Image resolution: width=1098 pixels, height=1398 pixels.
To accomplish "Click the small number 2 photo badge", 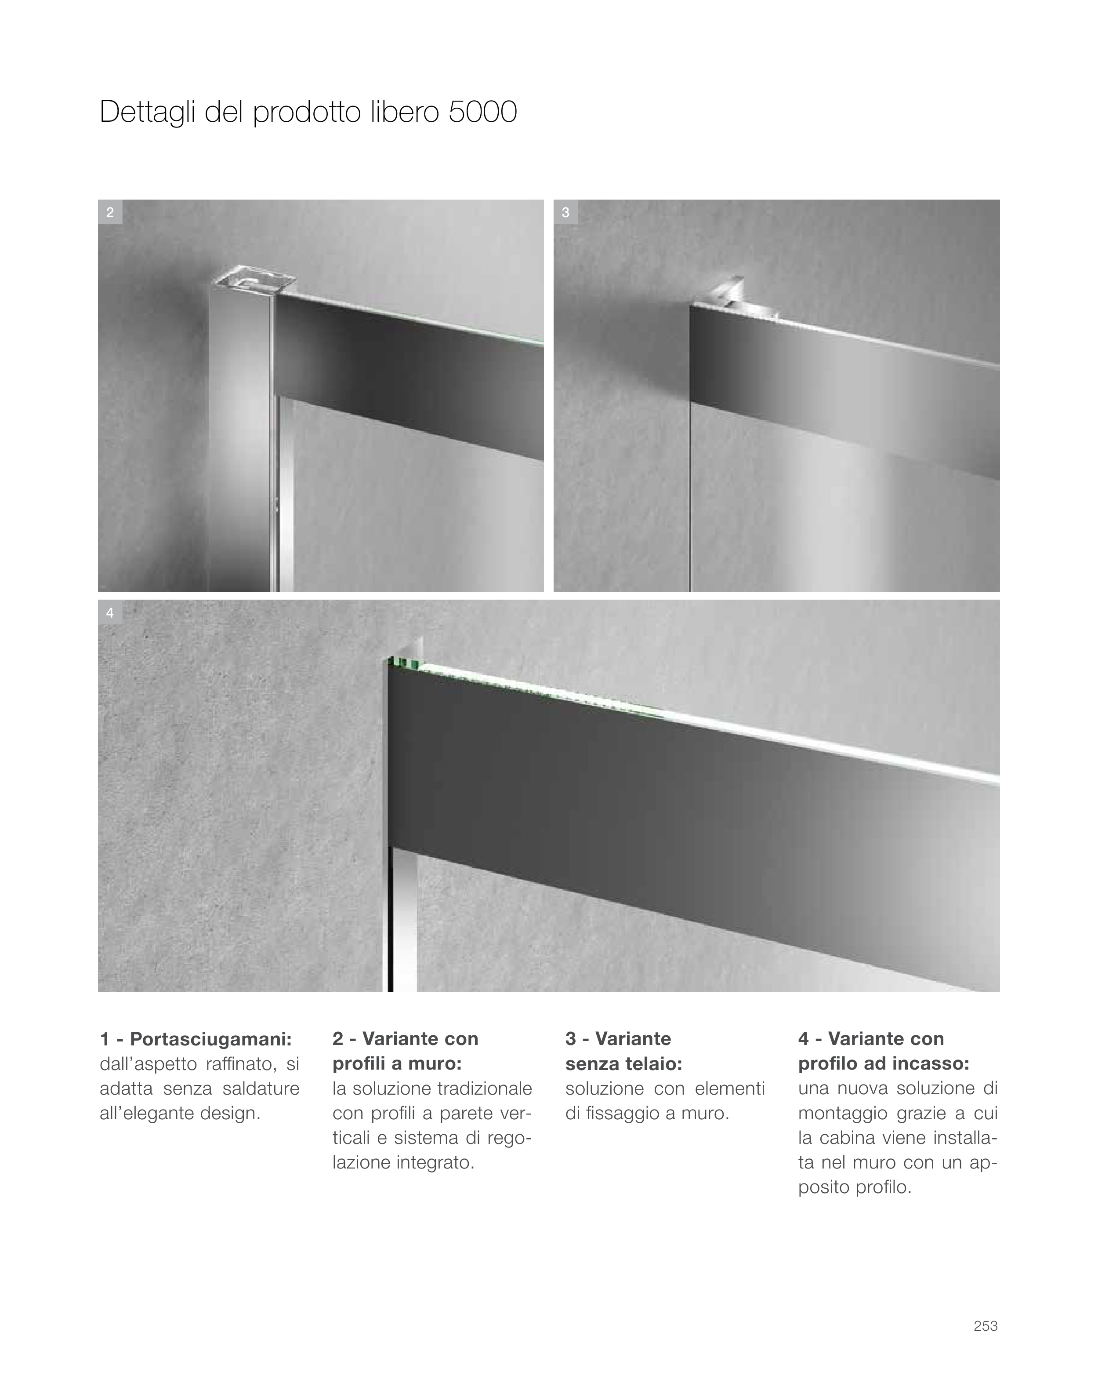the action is (x=110, y=212).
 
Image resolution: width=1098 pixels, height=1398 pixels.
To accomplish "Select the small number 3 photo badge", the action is (x=566, y=212).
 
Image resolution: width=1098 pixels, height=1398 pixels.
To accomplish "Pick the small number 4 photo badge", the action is (x=110, y=613).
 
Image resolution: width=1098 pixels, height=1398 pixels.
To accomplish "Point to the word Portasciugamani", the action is (x=211, y=1039).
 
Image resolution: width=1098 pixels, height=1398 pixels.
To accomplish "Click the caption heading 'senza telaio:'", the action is (x=623, y=1064).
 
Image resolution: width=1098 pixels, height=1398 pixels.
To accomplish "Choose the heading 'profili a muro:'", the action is (x=397, y=1064).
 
